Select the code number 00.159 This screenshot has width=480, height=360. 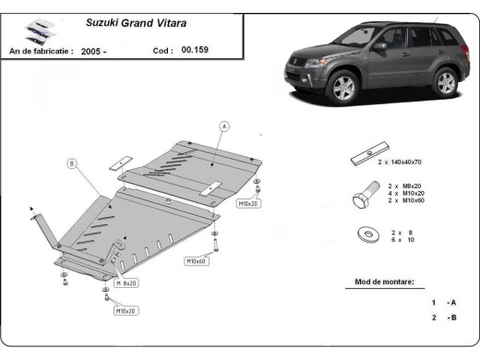click(197, 51)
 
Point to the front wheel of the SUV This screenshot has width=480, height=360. click(343, 88)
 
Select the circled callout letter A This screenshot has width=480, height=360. click(223, 126)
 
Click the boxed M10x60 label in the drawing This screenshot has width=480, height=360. click(198, 261)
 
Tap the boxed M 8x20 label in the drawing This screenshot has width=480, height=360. click(125, 282)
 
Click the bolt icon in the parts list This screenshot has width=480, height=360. click(363, 196)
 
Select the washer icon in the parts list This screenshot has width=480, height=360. click(366, 234)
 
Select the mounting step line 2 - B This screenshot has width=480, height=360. click(443, 318)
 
